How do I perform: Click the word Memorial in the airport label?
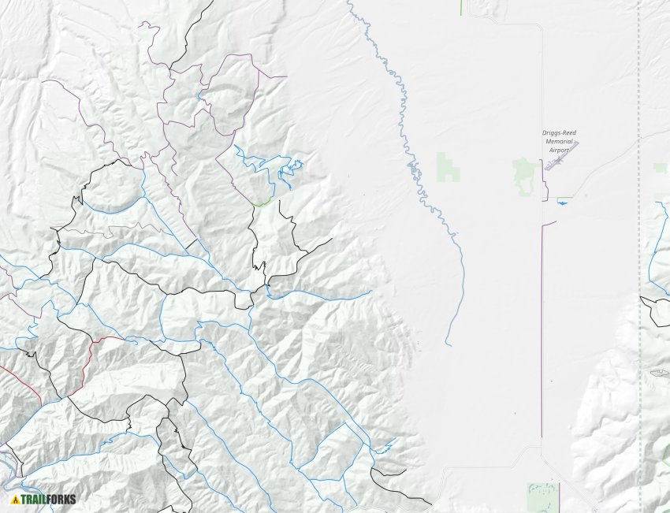559,141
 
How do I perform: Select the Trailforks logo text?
49,499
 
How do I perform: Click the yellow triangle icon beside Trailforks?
14,499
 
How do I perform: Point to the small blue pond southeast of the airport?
562,203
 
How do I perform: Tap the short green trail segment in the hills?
262,203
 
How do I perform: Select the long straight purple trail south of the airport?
542,331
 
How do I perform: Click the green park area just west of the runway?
523,173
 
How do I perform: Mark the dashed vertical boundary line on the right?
639,236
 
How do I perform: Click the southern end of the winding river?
447,343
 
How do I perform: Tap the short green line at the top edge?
461,7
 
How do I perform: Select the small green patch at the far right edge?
661,168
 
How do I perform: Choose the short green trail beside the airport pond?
564,198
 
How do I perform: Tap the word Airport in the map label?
559,149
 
